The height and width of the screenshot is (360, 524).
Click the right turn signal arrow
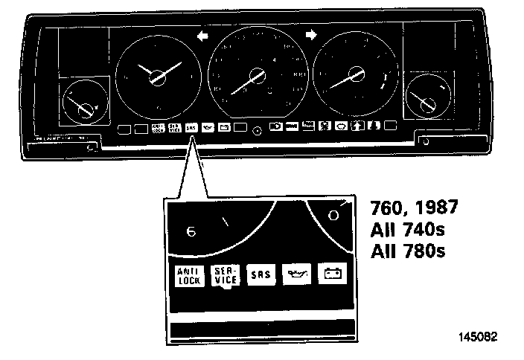(312, 34)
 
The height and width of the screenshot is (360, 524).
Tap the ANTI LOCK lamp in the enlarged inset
(185, 275)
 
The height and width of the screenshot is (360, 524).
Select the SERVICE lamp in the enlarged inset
(225, 275)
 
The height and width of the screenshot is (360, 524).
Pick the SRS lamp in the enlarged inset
(261, 274)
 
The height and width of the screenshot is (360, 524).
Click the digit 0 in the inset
(333, 216)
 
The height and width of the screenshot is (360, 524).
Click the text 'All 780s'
(408, 251)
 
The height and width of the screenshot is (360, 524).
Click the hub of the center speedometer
(257, 75)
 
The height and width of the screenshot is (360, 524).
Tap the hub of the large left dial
(159, 77)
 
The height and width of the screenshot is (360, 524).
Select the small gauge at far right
(426, 98)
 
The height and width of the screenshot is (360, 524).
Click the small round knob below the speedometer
(257, 131)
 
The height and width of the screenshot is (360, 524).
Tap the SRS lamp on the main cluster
(192, 127)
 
